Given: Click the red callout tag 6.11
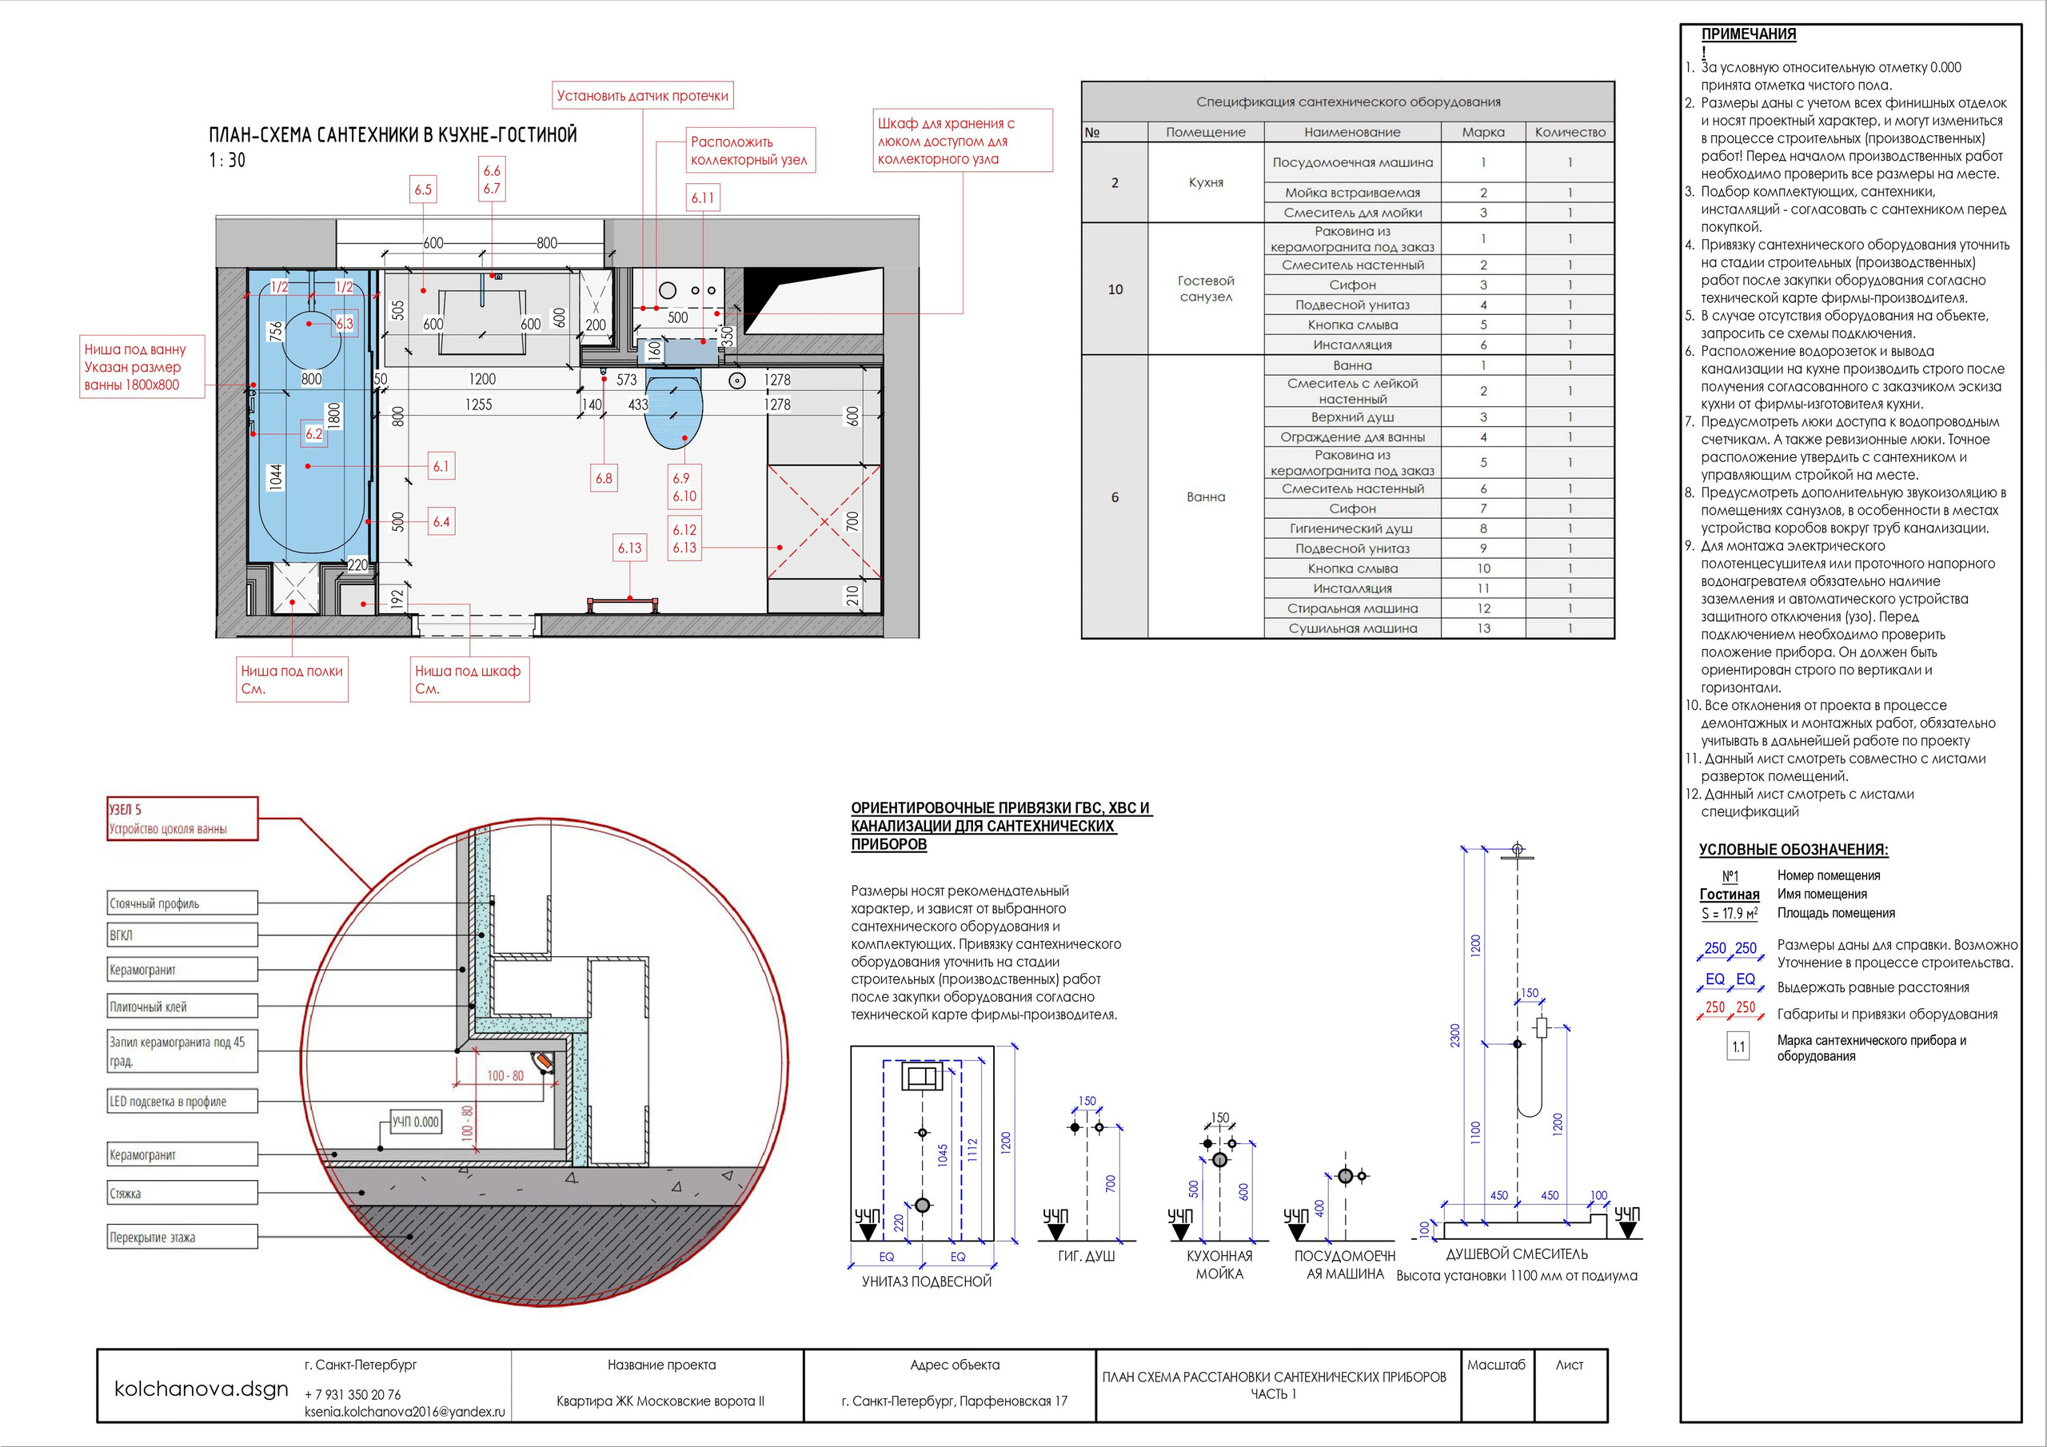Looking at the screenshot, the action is (703, 198).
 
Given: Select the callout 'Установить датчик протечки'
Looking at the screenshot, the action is (642, 95).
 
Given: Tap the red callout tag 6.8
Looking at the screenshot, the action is (604, 478).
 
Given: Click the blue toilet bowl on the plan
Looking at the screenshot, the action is (673, 412).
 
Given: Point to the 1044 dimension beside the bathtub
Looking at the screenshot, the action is (276, 477).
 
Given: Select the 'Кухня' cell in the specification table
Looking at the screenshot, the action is (1205, 182).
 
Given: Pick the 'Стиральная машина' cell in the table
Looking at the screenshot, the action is (1352, 608).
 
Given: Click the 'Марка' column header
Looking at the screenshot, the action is (1482, 132).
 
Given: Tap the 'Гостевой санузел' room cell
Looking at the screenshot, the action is (1205, 289).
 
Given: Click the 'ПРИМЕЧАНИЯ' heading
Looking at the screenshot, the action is (1748, 34).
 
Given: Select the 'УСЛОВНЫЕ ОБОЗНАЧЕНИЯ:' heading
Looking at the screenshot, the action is (1793, 850).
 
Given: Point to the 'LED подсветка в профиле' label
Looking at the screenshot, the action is (182, 1101).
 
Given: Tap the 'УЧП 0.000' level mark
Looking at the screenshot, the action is (417, 1122).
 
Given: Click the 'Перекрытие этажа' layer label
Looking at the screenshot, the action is (182, 1237).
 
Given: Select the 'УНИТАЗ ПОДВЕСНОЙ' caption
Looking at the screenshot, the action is (926, 1282).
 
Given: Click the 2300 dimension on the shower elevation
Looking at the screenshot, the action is (1455, 1035).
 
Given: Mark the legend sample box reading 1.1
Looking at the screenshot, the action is (1738, 1046).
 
